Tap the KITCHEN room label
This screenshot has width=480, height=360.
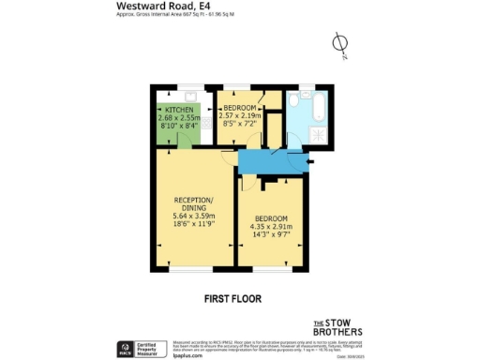tap(179, 110)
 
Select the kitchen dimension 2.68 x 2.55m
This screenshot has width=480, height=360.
tap(179, 118)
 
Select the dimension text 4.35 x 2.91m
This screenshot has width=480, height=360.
tap(271, 226)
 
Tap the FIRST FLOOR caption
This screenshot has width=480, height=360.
tap(232, 299)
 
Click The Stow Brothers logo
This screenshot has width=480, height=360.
tap(337, 327)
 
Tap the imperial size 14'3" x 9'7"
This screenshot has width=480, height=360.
tap(271, 234)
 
